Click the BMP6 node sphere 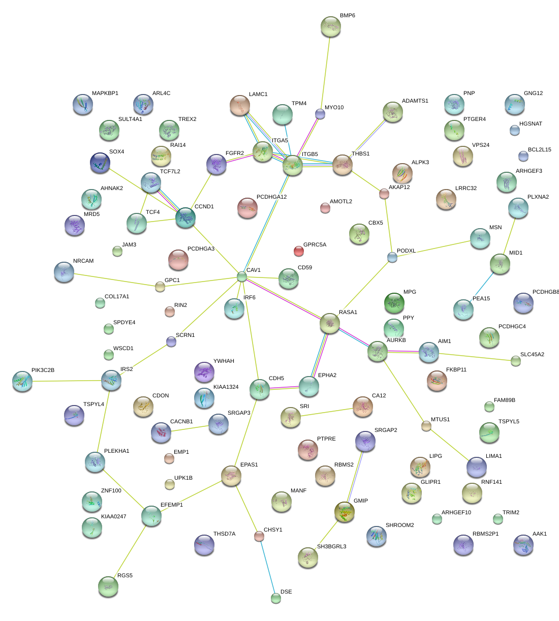coord(331,26)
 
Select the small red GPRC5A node coord(299,251)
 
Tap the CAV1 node coord(242,276)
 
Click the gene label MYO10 coord(334,108)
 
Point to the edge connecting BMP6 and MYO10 coord(325,71)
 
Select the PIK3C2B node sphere coord(22,381)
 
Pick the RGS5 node coord(108,586)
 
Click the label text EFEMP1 coord(171,505)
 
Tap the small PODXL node coord(392,257)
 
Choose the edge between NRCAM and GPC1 coord(117,281)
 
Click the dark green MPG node coord(394,303)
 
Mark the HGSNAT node coord(515,130)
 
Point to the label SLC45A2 coord(532,354)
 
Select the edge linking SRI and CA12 coord(326,412)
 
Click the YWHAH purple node coord(204,372)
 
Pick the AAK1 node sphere coord(523,544)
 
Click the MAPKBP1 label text coord(105,94)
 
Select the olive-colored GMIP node coord(344,512)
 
